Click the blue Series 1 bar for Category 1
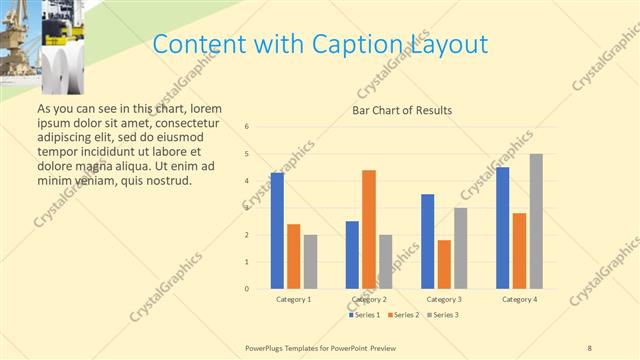pyautogui.click(x=277, y=231)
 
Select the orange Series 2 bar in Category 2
pyautogui.click(x=369, y=229)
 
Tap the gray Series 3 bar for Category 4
pyautogui.click(x=536, y=221)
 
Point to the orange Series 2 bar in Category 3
pyautogui.click(x=444, y=264)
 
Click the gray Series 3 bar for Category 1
pyautogui.click(x=310, y=262)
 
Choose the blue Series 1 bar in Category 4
pyautogui.click(x=503, y=228)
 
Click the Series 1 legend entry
pyautogui.click(x=364, y=315)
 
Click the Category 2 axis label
pyautogui.click(x=370, y=299)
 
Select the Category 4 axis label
pyautogui.click(x=520, y=299)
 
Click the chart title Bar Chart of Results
pyautogui.click(x=402, y=110)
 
